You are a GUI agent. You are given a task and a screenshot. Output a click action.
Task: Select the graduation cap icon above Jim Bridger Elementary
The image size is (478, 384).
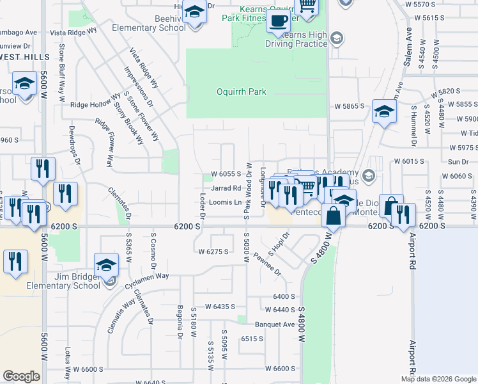106,266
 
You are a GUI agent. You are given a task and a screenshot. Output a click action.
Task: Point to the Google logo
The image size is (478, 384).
22,376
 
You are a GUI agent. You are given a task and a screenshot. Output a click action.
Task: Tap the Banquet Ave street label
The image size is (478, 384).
274,324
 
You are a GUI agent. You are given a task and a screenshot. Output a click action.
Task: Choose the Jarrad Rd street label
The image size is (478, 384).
226,188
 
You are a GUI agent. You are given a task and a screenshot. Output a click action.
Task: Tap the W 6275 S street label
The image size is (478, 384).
213,252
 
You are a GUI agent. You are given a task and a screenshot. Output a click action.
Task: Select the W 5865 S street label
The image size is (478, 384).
348,105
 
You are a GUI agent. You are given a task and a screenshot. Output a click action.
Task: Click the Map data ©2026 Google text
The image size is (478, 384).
438,379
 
